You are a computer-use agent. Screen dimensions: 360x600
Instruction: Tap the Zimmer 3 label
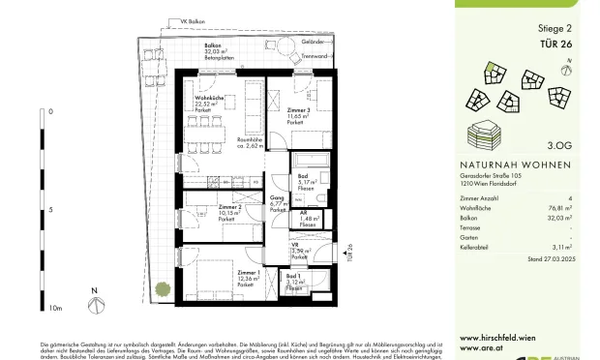click(299, 112)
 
